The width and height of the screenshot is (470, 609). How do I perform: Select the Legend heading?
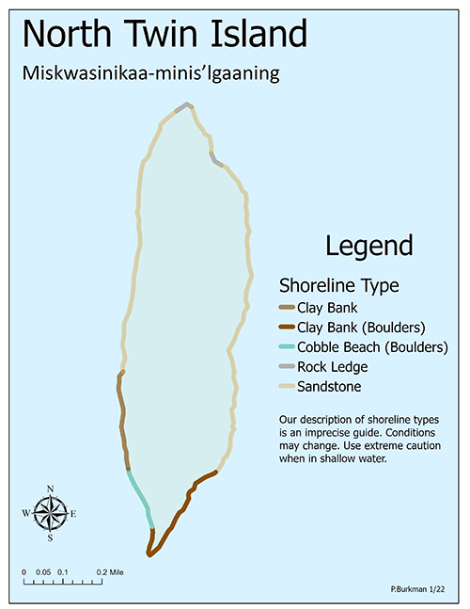click(x=368, y=246)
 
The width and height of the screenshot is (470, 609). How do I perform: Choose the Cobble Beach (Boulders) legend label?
click(x=371, y=346)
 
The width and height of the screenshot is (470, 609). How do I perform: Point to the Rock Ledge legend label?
click(x=332, y=366)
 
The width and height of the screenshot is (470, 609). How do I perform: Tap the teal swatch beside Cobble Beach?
click(x=286, y=347)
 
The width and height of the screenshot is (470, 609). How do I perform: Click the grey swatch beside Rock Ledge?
click(x=286, y=367)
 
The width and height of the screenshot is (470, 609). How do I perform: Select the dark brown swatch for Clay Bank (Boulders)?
click(x=286, y=328)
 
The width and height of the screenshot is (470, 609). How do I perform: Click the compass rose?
click(x=49, y=513)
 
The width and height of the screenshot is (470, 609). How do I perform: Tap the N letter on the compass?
click(x=49, y=488)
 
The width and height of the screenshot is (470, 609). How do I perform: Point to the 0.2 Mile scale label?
click(x=109, y=571)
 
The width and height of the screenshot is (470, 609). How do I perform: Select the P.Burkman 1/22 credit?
click(x=417, y=588)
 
